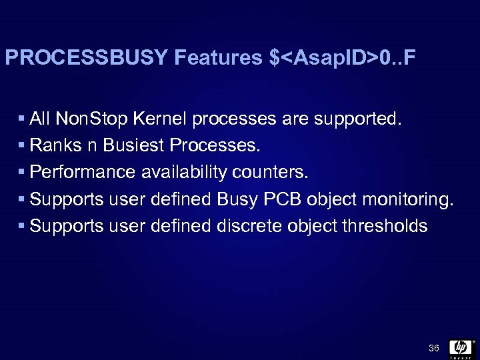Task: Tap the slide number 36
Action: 434,348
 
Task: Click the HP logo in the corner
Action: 461,348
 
